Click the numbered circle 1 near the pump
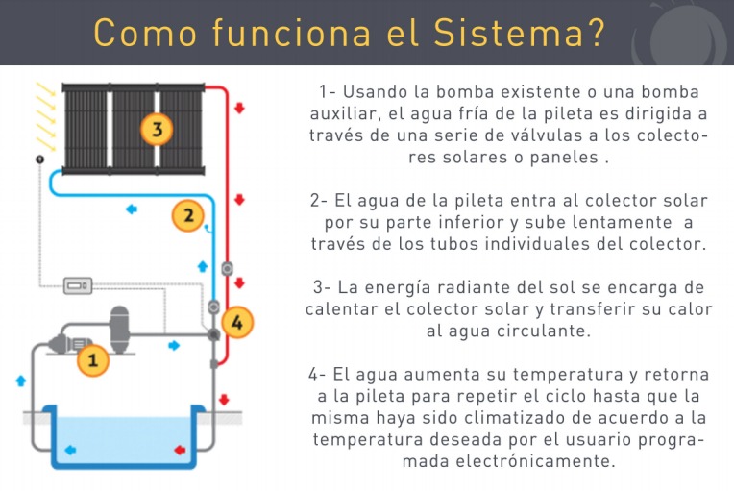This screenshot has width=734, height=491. (x=93, y=360)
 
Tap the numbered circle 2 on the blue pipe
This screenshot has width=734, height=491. (x=188, y=215)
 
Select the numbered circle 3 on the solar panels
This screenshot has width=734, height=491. (x=157, y=129)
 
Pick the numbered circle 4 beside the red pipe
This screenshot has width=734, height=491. (x=237, y=322)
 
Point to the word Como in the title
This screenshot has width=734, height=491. (x=145, y=33)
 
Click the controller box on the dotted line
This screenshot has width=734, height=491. (x=78, y=285)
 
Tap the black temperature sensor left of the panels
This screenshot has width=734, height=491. (x=40, y=160)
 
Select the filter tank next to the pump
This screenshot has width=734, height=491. (x=119, y=330)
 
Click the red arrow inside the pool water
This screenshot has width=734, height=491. (x=180, y=450)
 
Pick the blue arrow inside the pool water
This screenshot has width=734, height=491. (x=70, y=450)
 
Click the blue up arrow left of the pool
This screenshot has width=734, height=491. (x=20, y=381)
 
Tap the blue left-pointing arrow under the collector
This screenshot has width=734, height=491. (x=132, y=209)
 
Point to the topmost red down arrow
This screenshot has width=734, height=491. (x=239, y=109)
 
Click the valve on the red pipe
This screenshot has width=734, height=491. (x=227, y=269)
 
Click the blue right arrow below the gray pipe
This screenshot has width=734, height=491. (x=174, y=346)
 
